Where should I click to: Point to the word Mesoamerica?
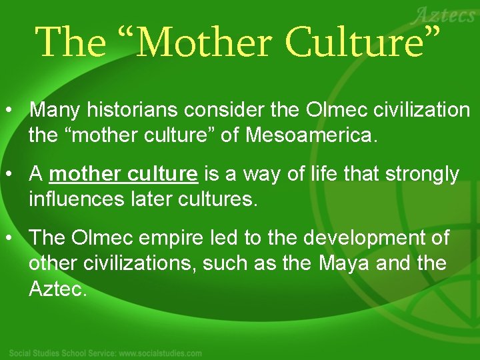click(311, 136)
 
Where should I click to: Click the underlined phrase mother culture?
click(123, 174)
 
